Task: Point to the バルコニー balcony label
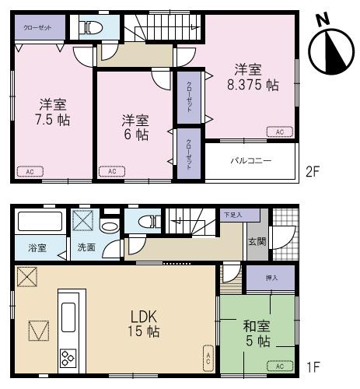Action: coord(250,162)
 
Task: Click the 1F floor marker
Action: coord(313,366)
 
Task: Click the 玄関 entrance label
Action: coord(255,241)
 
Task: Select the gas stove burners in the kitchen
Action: coord(68,358)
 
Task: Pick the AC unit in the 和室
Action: coord(280,364)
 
